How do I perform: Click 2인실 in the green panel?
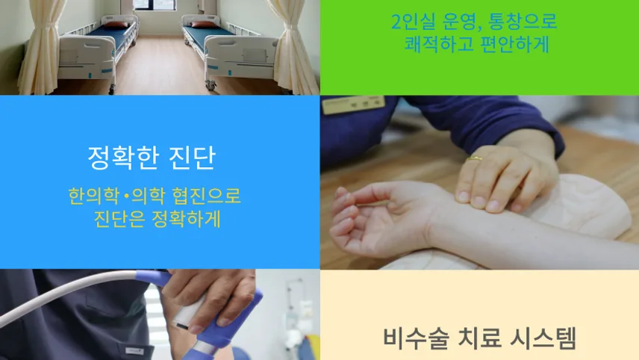414,21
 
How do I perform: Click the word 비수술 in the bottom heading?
416,338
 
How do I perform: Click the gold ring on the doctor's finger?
474,158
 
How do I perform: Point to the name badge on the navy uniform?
353,105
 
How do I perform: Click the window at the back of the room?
155,5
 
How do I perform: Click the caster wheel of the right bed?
211,86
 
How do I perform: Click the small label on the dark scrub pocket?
134,351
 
